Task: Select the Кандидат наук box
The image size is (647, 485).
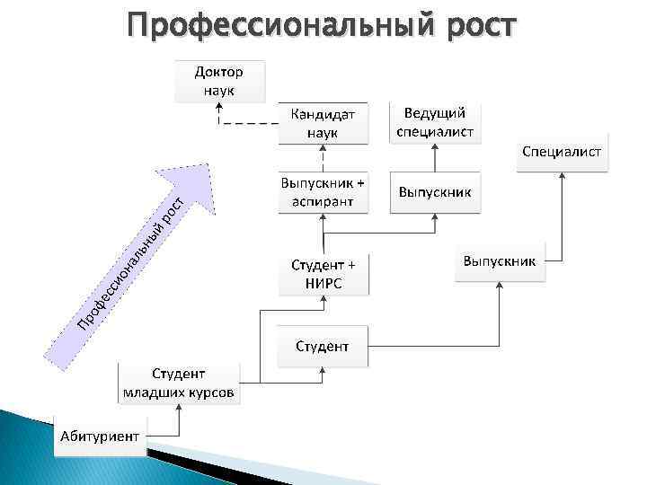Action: [x=323, y=123]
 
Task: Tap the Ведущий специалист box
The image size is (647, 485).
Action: [x=435, y=122]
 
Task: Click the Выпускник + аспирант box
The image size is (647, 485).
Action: [x=323, y=191]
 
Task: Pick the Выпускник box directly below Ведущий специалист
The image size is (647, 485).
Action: [x=435, y=192]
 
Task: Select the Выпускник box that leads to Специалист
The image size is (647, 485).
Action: [x=499, y=261]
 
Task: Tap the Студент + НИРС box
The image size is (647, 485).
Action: [x=323, y=275]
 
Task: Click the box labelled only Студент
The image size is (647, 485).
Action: [x=323, y=346]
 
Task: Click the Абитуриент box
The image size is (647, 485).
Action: [x=101, y=436]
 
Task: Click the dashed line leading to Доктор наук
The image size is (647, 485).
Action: [x=247, y=123]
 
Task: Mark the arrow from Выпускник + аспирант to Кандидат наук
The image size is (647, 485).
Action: [x=323, y=156]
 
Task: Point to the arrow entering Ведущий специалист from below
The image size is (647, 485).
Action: [x=435, y=156]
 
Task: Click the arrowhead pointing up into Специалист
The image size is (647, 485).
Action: [x=563, y=177]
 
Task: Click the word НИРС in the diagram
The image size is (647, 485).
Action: [x=323, y=284]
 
